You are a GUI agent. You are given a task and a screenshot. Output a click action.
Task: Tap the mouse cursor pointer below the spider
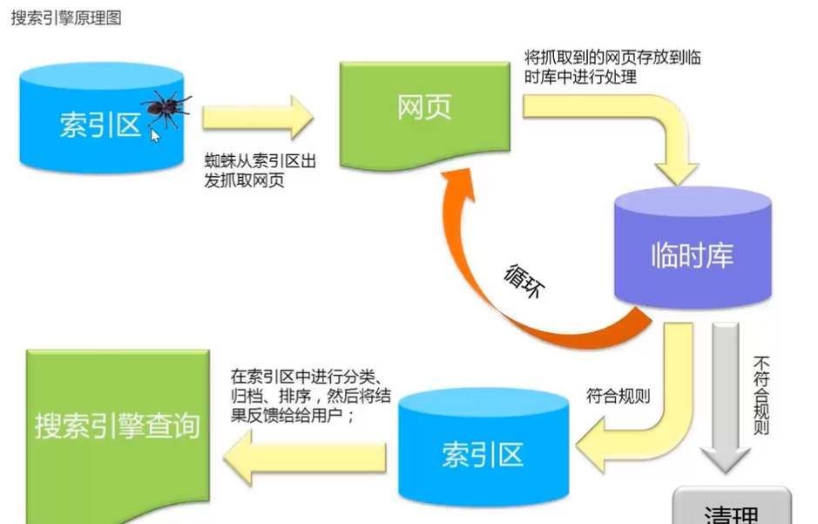coord(156,135)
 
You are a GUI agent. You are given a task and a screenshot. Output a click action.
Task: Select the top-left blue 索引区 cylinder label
coord(100,125)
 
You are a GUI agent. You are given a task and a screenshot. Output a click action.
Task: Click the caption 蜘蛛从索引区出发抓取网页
coord(260,172)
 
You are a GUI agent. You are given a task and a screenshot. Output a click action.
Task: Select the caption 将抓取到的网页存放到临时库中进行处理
coord(612,67)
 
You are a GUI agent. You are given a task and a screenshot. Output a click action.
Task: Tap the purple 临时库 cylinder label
coord(693,255)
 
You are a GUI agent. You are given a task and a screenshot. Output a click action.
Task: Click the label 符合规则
coord(619,397)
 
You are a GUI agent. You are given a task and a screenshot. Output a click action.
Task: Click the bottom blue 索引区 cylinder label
coord(482,454)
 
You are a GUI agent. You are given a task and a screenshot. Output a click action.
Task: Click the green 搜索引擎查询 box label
coord(118,425)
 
